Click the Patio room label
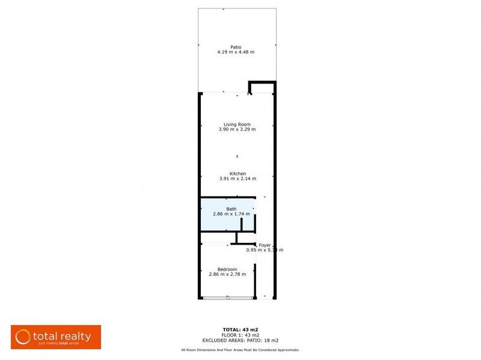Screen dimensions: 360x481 (x=236, y=46)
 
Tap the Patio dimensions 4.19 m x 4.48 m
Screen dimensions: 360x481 (x=236, y=52)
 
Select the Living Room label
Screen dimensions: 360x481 (x=236, y=124)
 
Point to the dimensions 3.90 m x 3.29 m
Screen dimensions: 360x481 (x=236, y=130)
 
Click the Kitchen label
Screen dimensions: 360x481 (x=237, y=173)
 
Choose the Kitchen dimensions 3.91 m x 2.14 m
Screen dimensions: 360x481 (x=237, y=178)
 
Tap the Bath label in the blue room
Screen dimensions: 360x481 (x=231, y=209)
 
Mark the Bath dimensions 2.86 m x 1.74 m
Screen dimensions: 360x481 (x=231, y=214)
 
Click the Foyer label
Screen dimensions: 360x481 (x=265, y=245)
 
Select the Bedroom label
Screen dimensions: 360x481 (x=227, y=269)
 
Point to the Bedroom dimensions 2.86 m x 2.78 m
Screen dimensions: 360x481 (x=227, y=275)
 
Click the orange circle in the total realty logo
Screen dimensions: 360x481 (x=23, y=336)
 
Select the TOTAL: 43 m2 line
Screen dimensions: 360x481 (x=240, y=330)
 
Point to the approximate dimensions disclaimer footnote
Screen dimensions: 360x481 (x=240, y=350)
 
